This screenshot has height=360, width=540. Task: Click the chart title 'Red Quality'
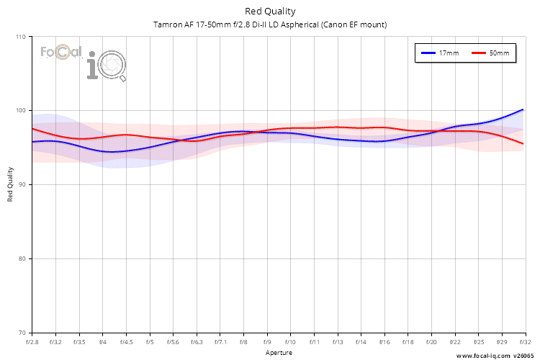[x=270, y=11]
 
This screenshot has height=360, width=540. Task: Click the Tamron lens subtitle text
[x=270, y=24]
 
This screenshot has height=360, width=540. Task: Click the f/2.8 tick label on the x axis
[x=32, y=343]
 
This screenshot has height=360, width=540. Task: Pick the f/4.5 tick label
[x=126, y=343]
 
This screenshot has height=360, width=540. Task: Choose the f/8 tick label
[x=243, y=343]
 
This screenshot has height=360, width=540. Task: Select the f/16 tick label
[x=384, y=343]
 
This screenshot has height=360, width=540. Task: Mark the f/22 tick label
[x=455, y=343]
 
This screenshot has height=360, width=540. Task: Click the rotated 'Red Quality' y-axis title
[x=10, y=185]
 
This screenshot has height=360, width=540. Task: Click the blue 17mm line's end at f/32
[x=523, y=109]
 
